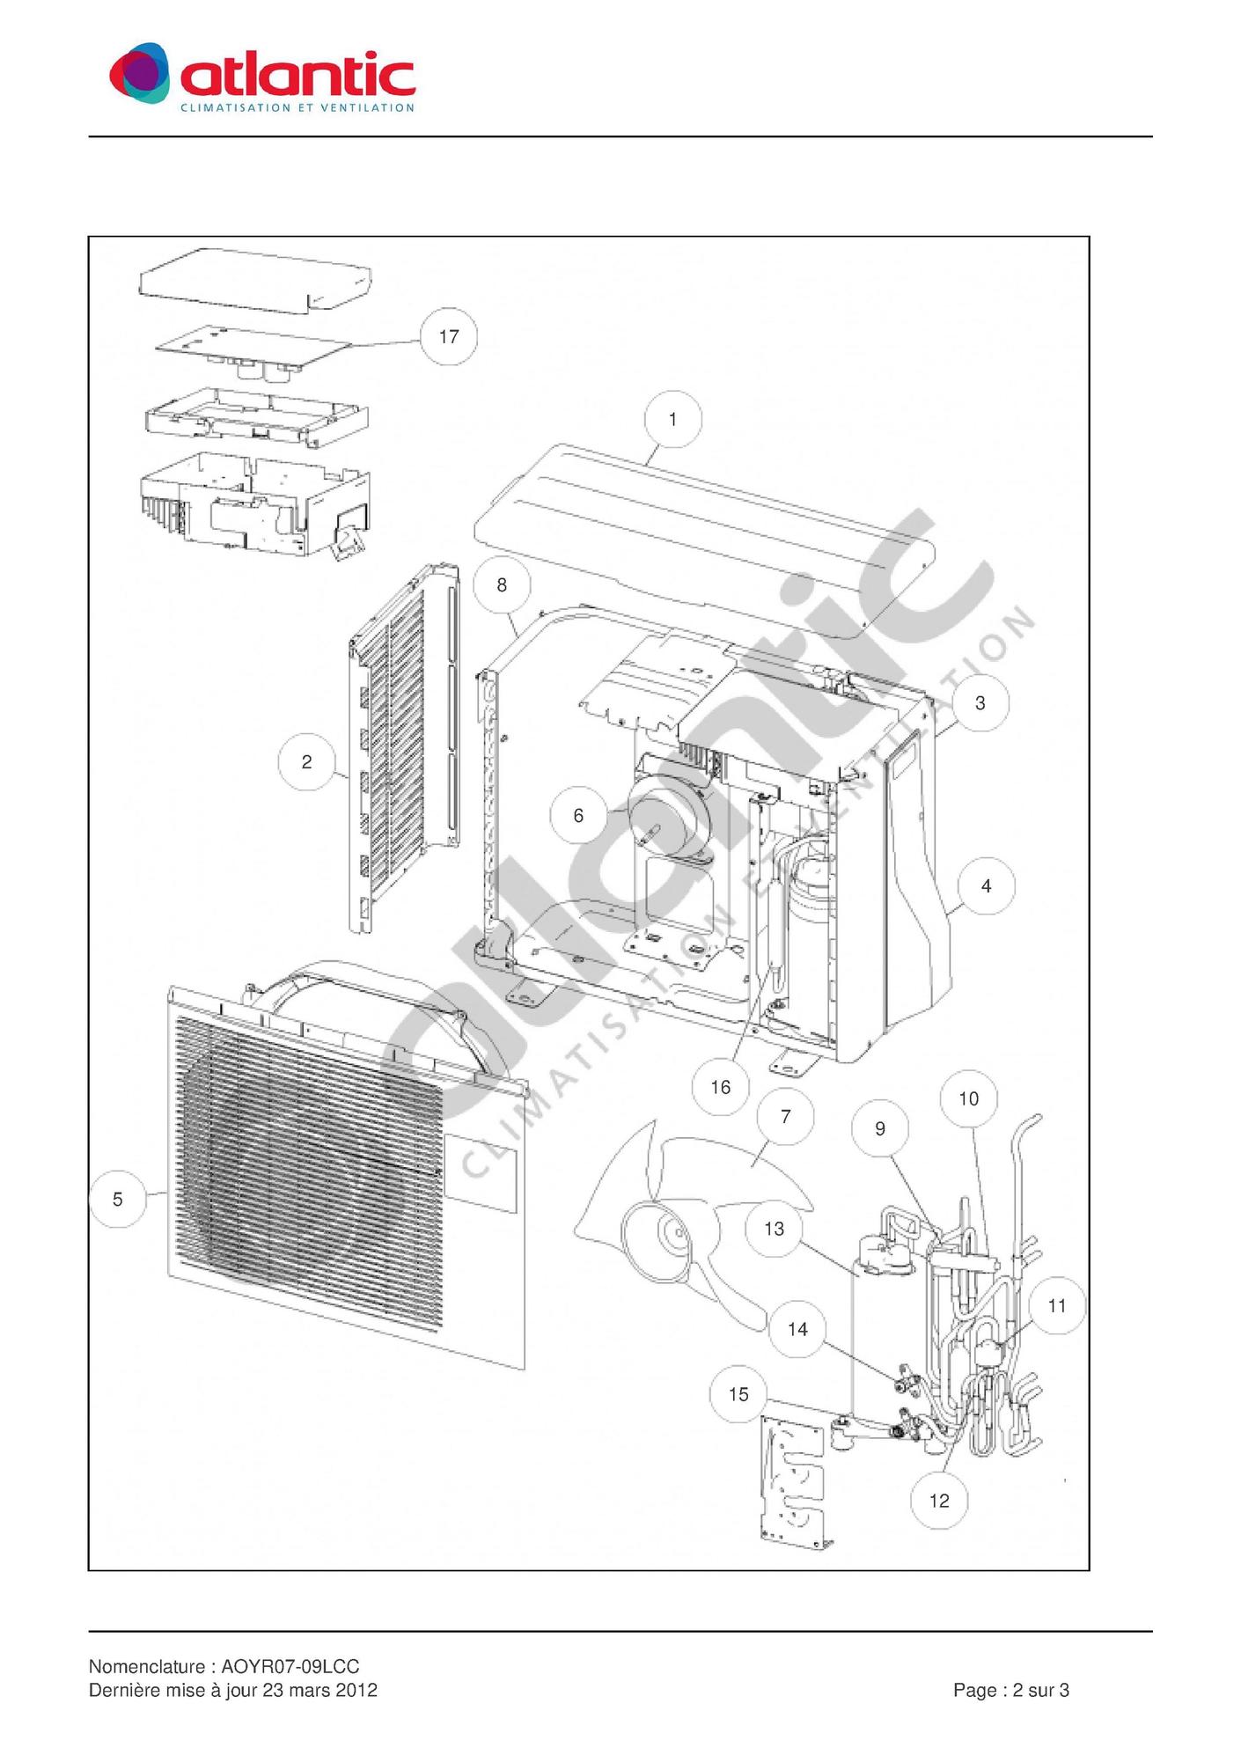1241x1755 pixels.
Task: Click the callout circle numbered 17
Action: tap(449, 336)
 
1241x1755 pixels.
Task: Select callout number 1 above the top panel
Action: tap(673, 420)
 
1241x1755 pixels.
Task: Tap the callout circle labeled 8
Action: tap(502, 585)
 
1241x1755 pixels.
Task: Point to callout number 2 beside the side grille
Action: tap(306, 761)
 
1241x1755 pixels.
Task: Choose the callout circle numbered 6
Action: tap(578, 816)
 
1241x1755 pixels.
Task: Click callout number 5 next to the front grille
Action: tap(118, 1199)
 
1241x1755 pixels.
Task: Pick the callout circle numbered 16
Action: tap(721, 1087)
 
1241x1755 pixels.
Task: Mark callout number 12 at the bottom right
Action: tap(939, 1501)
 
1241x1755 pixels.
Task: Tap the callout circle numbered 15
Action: tap(738, 1394)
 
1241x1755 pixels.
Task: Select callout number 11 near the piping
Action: tap(1057, 1306)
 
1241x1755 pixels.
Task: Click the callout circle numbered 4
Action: tap(986, 886)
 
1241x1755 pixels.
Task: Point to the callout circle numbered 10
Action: tap(968, 1099)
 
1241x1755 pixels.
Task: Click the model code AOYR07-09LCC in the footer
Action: tap(290, 1666)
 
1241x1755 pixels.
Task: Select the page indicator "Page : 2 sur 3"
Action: tap(1011, 1690)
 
